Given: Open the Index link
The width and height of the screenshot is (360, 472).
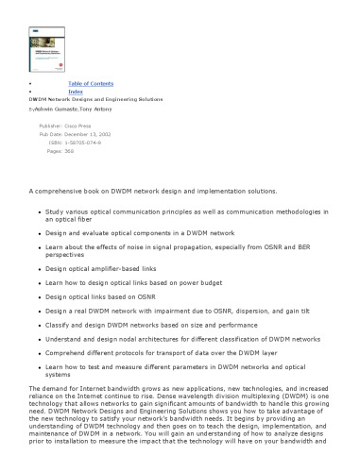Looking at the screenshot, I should (77, 92).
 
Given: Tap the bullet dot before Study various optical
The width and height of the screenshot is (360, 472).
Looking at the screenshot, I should (37, 212).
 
